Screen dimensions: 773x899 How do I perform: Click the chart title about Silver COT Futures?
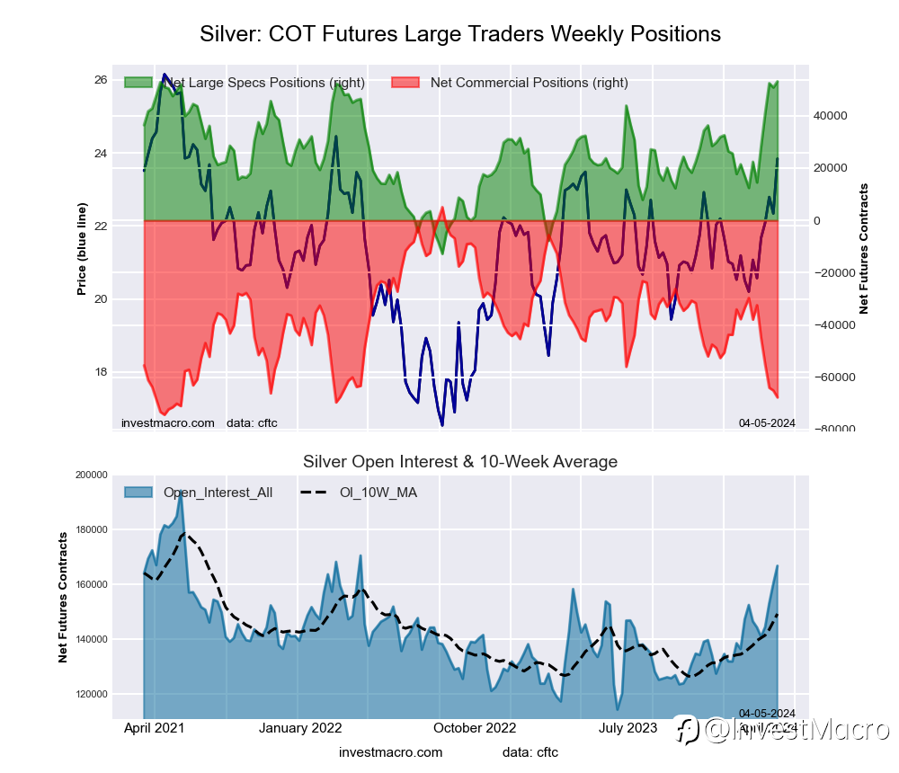(x=459, y=34)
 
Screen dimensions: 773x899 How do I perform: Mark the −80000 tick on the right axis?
(x=835, y=430)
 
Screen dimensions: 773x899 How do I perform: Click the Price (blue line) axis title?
(x=82, y=249)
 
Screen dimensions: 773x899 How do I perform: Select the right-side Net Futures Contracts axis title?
(x=865, y=248)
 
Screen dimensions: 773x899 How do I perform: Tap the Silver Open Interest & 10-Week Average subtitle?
(x=459, y=462)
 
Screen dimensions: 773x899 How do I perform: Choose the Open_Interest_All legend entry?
(x=218, y=493)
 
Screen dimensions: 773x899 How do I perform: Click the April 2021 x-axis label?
(x=152, y=728)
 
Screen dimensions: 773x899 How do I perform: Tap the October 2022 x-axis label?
(x=475, y=728)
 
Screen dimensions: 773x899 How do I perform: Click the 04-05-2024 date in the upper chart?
(x=767, y=422)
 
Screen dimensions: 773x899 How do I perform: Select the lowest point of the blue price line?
(x=441, y=425)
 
